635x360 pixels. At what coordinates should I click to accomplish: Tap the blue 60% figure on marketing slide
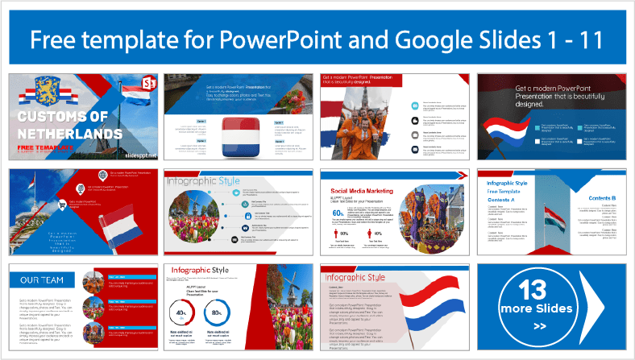[x=339, y=213]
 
